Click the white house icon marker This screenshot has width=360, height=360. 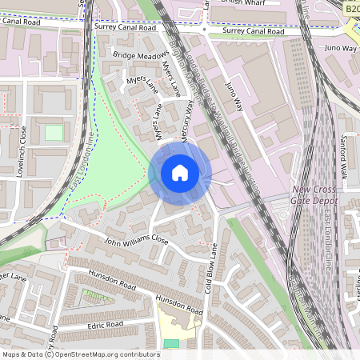pos(180,173)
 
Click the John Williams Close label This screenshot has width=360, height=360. pos(138,238)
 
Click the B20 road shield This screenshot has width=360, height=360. pos(352,7)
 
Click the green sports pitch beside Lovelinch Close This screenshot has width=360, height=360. pos(54,132)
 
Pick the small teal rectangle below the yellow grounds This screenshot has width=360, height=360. pos(171,344)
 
